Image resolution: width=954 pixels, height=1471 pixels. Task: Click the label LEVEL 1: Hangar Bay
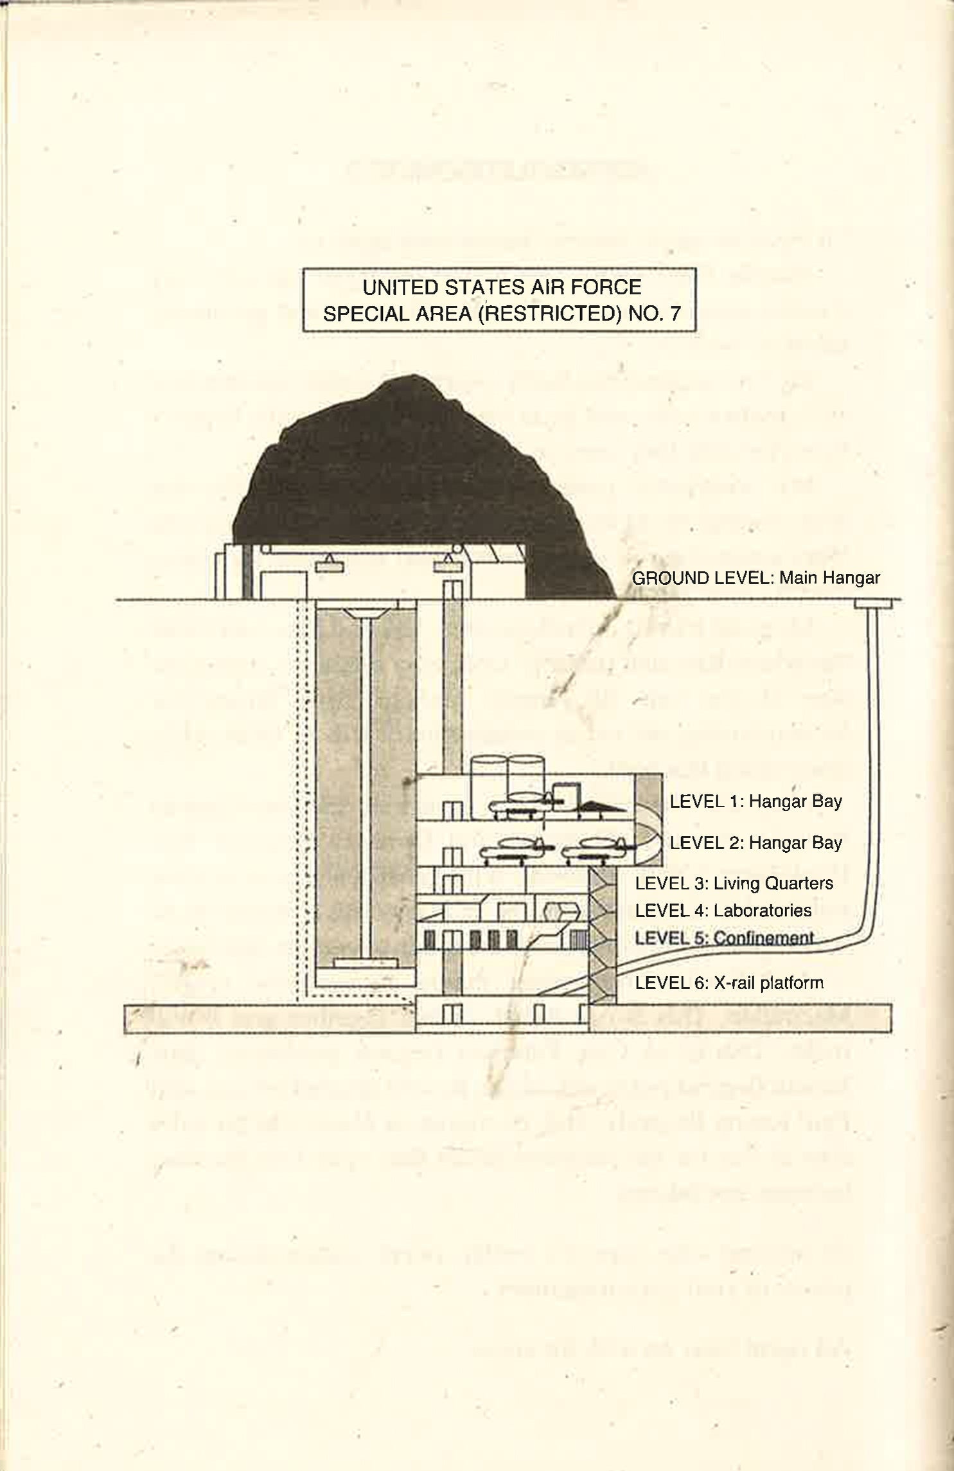755,801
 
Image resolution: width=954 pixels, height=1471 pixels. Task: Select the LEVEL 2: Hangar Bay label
755,842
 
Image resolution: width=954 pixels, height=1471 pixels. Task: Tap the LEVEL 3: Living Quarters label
734,883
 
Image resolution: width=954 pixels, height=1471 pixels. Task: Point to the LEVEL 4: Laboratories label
723,910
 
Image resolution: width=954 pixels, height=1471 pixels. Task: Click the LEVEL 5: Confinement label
724,938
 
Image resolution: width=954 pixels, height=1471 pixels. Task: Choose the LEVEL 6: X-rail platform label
729,983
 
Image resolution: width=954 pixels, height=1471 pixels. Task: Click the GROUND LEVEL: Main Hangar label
755,578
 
